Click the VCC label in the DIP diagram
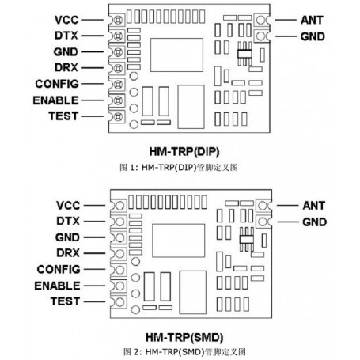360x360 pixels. click(66, 19)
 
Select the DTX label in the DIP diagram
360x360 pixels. click(66, 35)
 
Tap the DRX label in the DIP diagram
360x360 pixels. click(66, 68)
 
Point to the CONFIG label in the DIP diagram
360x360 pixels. click(56, 84)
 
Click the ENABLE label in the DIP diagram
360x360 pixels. click(55, 100)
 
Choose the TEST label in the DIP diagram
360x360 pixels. click(63, 117)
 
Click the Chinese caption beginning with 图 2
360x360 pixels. click(180, 350)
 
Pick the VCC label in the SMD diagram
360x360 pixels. click(66, 203)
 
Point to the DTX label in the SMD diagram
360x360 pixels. click(66, 219)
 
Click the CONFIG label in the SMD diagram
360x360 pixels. click(56, 268)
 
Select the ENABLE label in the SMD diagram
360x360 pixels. click(55, 285)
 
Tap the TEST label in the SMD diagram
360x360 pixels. click(63, 301)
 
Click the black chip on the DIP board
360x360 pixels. click(243, 55)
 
